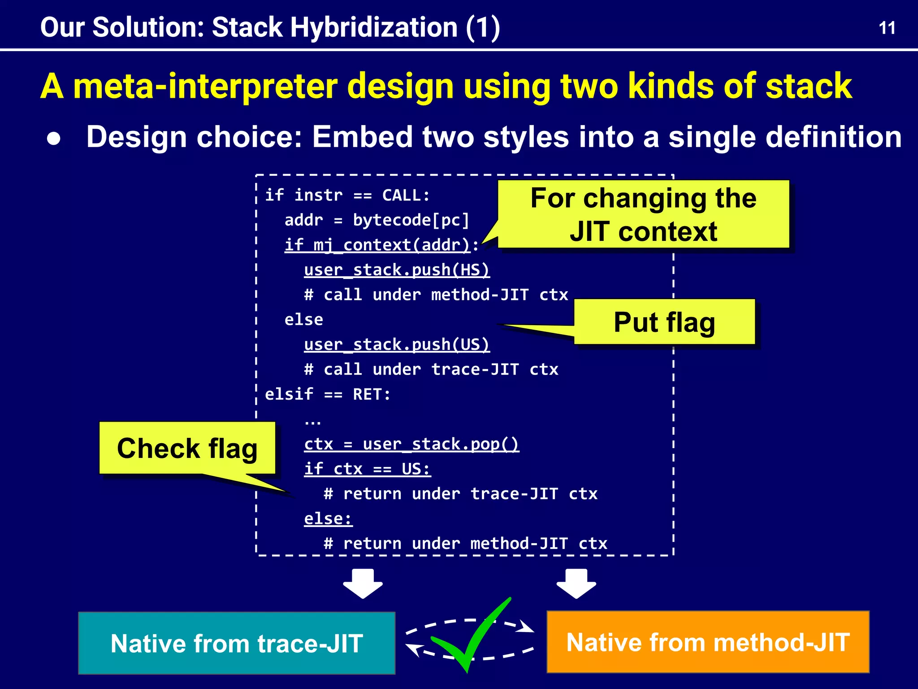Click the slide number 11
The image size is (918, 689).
pos(887,28)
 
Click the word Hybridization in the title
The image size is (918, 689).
pos(374,27)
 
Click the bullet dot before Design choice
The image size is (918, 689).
pos(54,139)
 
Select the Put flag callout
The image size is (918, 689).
pos(664,322)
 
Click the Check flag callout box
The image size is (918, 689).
pos(187,448)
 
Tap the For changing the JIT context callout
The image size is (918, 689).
pos(643,214)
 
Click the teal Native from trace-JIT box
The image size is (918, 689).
pos(237,643)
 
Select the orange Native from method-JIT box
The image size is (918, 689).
pos(708,642)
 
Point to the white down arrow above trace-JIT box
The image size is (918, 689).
pos(363,583)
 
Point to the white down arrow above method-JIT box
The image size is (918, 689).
pos(576,583)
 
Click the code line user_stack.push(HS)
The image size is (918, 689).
pos(397,270)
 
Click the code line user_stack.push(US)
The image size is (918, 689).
pos(397,344)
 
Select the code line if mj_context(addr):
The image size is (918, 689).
pos(381,245)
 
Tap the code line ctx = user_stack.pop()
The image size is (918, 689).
pos(411,444)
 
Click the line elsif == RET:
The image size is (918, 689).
pos(328,394)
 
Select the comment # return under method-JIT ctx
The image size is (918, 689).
pos(465,544)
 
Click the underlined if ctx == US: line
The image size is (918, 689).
pos(367,469)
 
